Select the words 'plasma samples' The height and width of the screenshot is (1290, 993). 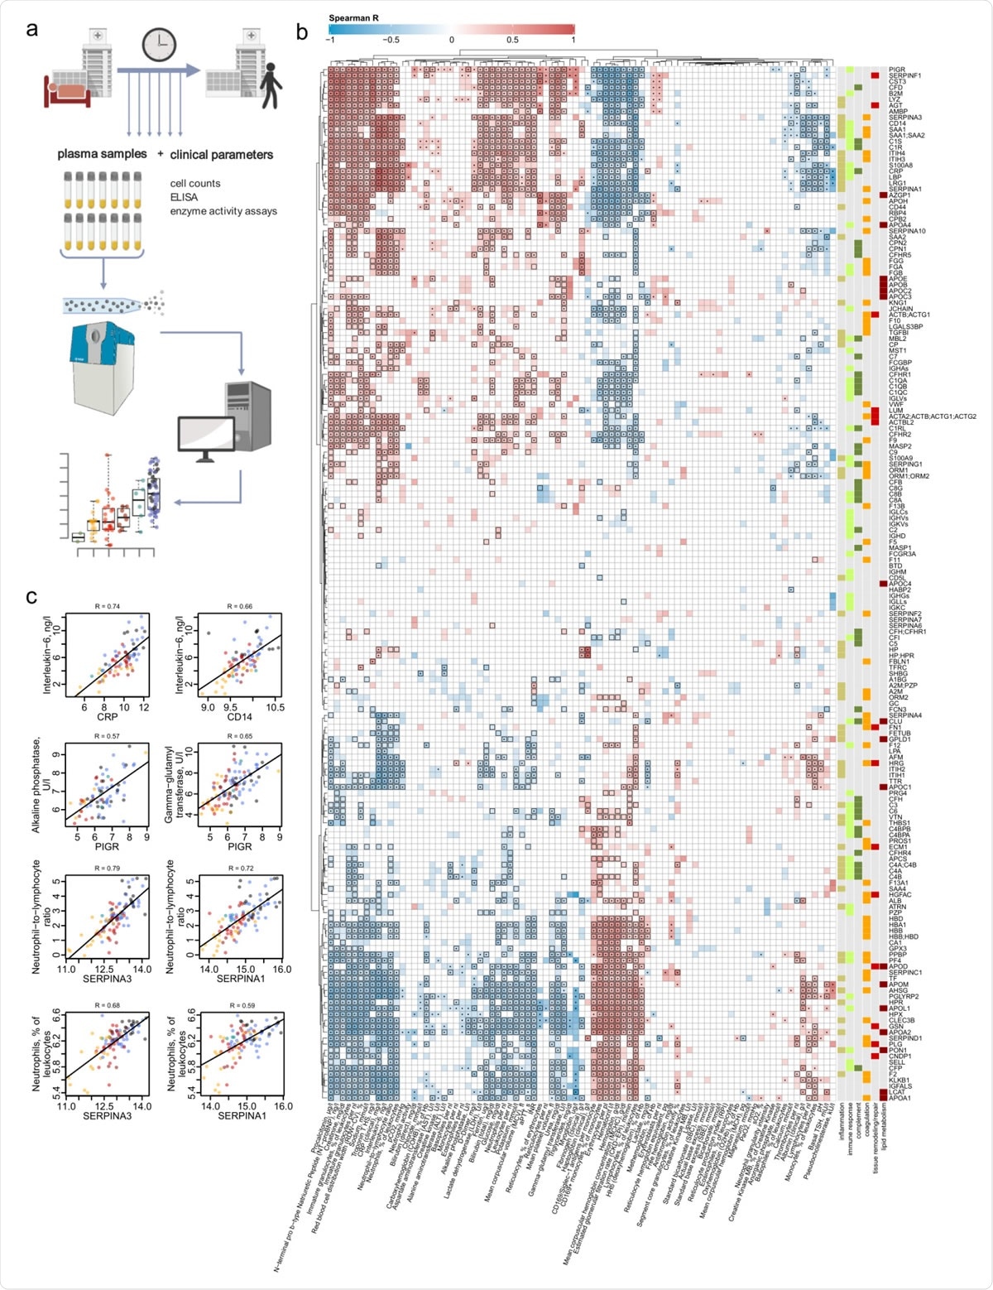(102, 154)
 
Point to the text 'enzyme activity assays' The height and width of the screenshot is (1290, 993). (222, 211)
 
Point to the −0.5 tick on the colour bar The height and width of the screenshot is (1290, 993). (390, 39)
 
